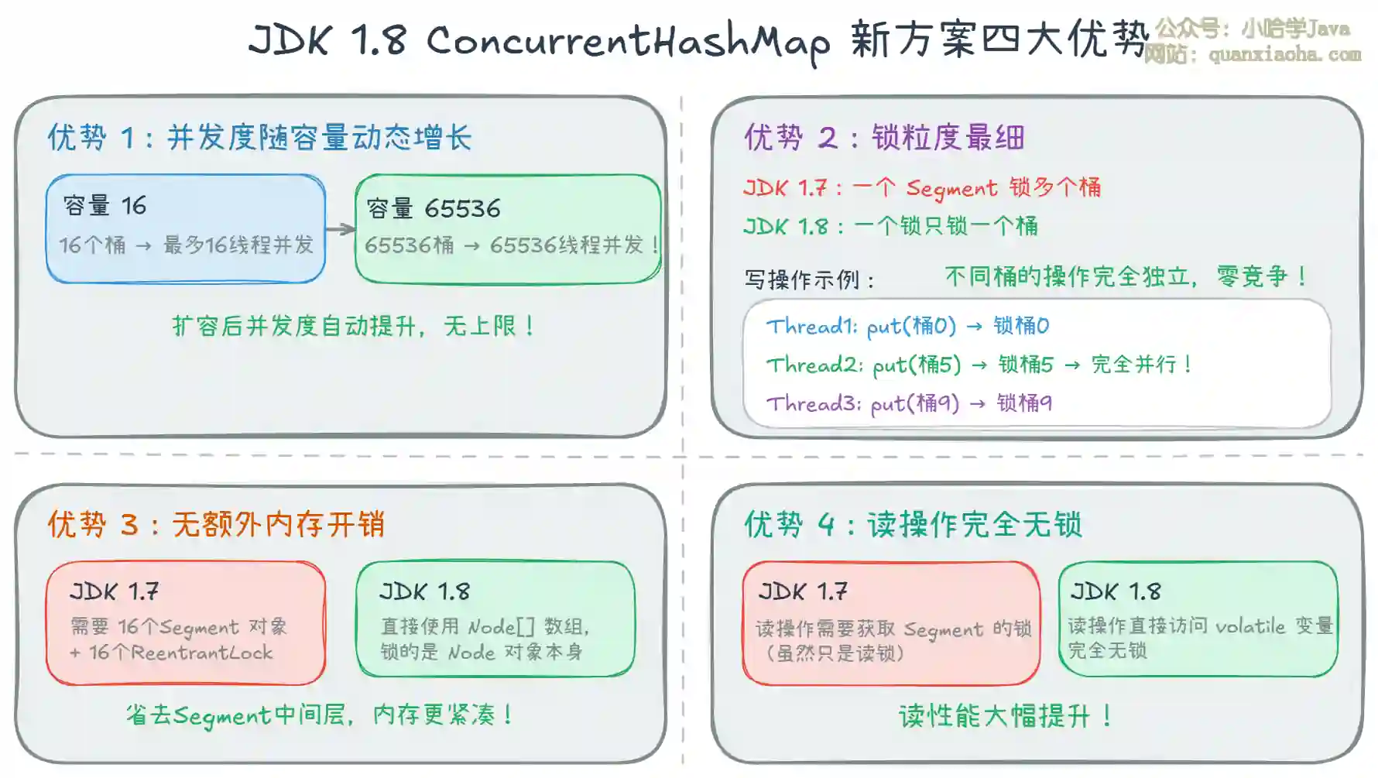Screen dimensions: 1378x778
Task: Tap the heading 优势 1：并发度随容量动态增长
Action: pos(259,138)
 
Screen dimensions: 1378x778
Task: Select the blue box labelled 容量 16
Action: pos(186,228)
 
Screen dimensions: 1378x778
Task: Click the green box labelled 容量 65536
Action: pos(508,229)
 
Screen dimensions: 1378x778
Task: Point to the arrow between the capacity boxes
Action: pos(341,228)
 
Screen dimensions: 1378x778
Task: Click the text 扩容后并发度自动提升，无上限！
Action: pos(354,326)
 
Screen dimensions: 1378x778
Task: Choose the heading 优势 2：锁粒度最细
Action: pos(884,138)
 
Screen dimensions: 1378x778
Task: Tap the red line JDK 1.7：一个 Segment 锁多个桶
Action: pos(922,188)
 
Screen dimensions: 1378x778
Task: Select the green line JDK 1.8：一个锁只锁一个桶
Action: pos(890,226)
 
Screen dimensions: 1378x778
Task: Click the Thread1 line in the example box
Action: pos(908,326)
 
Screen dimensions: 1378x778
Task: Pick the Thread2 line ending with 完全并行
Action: pos(979,365)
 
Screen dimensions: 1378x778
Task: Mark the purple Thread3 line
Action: pos(910,403)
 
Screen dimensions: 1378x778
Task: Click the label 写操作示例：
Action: pos(810,279)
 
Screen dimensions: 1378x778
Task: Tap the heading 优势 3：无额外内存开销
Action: pos(216,525)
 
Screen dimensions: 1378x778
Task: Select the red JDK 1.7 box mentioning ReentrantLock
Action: pos(186,623)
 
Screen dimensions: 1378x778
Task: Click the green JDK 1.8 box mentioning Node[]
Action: pos(495,619)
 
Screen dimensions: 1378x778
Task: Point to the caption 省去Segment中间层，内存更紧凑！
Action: pos(320,715)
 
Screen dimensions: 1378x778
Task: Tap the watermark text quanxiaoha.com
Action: pos(1285,54)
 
